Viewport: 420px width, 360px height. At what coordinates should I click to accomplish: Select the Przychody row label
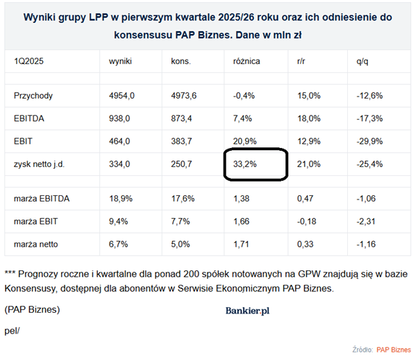(x=33, y=95)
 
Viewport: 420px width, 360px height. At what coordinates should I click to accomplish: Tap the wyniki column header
(x=120, y=61)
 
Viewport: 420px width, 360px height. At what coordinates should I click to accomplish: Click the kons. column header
(x=181, y=61)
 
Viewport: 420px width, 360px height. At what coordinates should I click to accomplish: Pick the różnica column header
(x=246, y=61)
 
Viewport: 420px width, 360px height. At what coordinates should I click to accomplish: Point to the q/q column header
(x=362, y=61)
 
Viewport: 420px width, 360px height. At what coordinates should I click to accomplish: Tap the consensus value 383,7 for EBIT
(x=183, y=141)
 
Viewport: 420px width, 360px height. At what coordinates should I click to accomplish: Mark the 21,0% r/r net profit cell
(x=308, y=163)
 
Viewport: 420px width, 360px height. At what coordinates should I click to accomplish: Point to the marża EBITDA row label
(x=42, y=199)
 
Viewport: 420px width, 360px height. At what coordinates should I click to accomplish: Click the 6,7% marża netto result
(x=119, y=245)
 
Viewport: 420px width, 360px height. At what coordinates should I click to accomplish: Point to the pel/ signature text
(x=12, y=329)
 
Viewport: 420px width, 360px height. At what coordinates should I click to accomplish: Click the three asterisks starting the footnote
(x=10, y=274)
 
